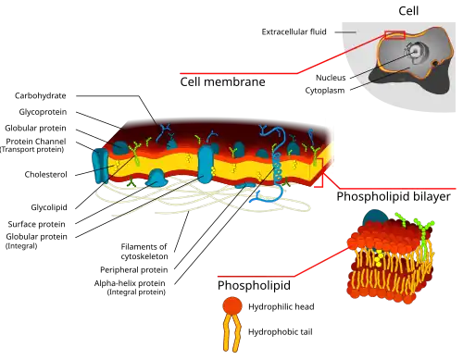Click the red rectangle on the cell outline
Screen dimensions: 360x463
394,36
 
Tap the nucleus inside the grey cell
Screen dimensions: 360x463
418,52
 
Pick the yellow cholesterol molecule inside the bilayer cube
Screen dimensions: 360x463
380,253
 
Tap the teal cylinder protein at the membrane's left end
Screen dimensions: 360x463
99,166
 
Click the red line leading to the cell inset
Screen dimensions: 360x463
241,72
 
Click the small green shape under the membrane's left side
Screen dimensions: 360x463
131,184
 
